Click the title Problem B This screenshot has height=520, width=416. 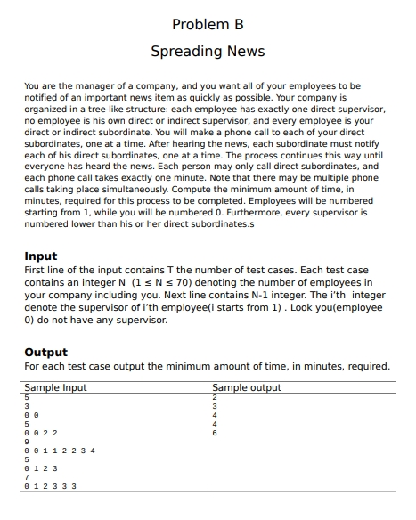point(208,23)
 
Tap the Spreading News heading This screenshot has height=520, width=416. point(208,51)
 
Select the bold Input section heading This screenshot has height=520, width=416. point(41,256)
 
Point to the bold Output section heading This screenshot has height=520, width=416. point(46,353)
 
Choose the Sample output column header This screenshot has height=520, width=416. point(247,387)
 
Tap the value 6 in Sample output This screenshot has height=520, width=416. point(216,434)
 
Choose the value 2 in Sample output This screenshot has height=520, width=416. point(216,397)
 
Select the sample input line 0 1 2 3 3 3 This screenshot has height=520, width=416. point(49,486)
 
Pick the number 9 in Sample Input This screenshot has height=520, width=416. point(27,443)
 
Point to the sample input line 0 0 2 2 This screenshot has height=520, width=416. point(42,434)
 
